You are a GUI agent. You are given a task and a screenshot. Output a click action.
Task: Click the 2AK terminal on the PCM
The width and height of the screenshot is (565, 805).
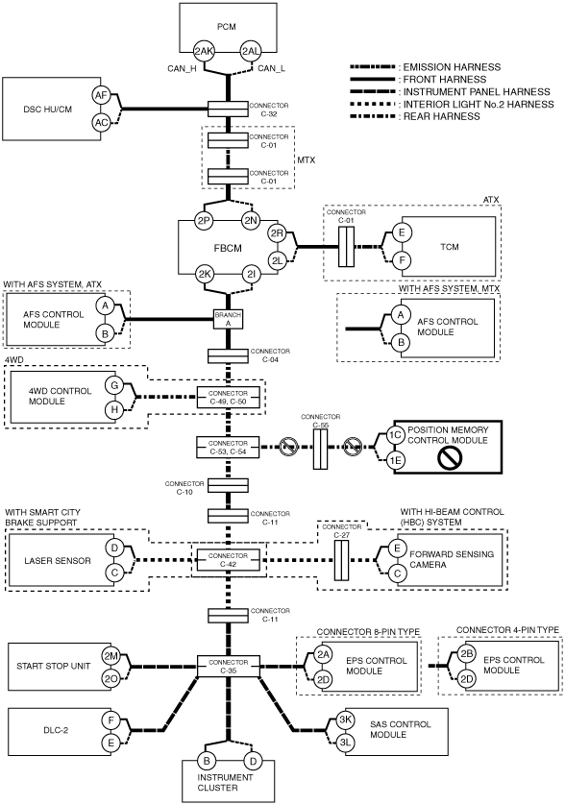point(204,51)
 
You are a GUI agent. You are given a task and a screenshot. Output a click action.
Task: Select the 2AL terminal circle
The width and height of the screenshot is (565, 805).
point(251,51)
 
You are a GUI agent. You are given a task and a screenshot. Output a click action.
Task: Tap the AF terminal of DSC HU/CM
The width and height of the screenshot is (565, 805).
point(101,95)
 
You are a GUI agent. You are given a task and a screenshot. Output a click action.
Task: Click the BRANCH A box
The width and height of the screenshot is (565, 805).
point(228,319)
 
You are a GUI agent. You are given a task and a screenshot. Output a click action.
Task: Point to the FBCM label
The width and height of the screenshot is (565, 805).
point(228,248)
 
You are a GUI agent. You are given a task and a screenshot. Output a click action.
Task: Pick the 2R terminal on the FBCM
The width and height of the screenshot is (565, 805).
point(277,233)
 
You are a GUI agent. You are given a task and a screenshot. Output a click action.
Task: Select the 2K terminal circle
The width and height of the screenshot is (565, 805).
point(205,275)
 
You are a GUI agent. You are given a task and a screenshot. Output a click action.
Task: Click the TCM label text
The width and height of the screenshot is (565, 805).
point(450,247)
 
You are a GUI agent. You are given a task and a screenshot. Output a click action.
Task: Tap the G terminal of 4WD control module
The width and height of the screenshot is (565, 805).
point(114,385)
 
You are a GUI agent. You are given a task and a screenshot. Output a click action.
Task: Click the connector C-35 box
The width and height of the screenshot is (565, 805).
point(229,667)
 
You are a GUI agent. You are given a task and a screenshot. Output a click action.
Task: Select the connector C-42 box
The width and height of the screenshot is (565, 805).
point(229,560)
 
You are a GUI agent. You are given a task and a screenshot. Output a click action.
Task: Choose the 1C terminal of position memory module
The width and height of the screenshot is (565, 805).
point(395,435)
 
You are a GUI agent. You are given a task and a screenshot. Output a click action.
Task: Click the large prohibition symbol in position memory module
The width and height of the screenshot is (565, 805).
point(450,457)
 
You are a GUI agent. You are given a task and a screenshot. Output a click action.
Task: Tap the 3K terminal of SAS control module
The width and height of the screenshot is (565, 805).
point(345,720)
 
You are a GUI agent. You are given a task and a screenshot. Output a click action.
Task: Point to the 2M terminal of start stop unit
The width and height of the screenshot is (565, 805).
point(111,656)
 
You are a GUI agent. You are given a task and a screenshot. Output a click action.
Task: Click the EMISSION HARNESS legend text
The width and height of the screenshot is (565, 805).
point(452,67)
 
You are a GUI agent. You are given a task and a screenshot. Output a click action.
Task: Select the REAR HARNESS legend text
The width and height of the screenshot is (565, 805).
point(441,116)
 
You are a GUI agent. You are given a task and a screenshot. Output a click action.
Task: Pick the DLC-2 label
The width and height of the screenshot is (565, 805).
point(56,730)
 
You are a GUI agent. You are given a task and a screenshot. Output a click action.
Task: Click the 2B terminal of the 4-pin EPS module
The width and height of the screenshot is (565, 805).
point(466,654)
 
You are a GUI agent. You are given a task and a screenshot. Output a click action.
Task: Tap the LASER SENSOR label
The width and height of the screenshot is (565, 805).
point(58,561)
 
